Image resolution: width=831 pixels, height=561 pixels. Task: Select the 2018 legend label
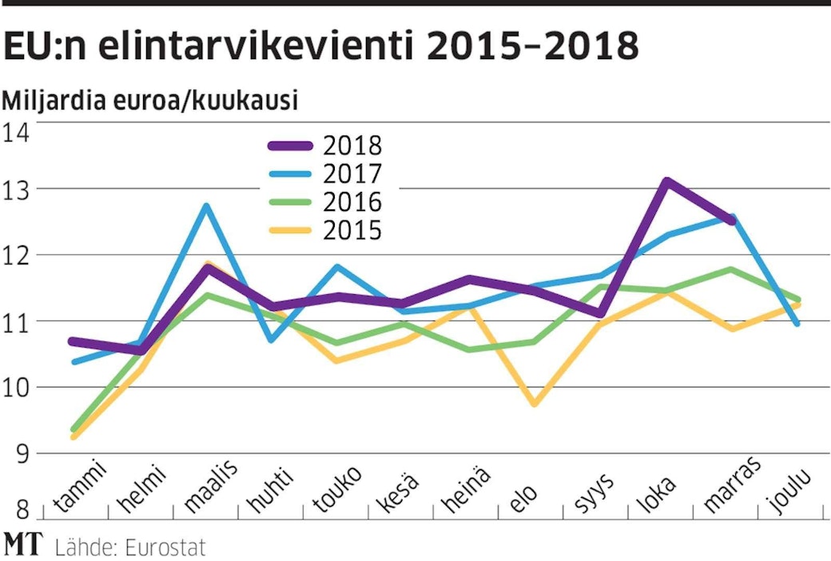click(353, 145)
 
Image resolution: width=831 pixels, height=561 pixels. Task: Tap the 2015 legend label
click(353, 231)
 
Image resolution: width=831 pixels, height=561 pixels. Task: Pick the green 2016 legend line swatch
click(291, 202)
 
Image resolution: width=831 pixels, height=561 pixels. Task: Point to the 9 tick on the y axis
click(17, 453)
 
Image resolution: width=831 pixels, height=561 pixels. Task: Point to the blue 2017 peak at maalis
click(206, 206)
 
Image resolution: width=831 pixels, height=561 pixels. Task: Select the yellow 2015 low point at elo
click(534, 404)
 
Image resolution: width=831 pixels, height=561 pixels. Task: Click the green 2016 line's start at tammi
click(74, 430)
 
